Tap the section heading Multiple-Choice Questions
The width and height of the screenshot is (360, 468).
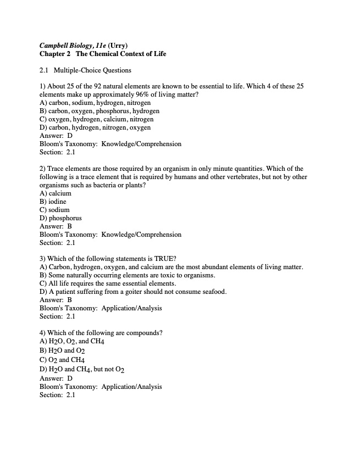[x=92, y=70]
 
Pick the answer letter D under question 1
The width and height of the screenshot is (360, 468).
[x=70, y=136]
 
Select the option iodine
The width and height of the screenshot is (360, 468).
[x=57, y=202]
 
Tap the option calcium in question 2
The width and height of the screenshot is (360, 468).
[x=60, y=193]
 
